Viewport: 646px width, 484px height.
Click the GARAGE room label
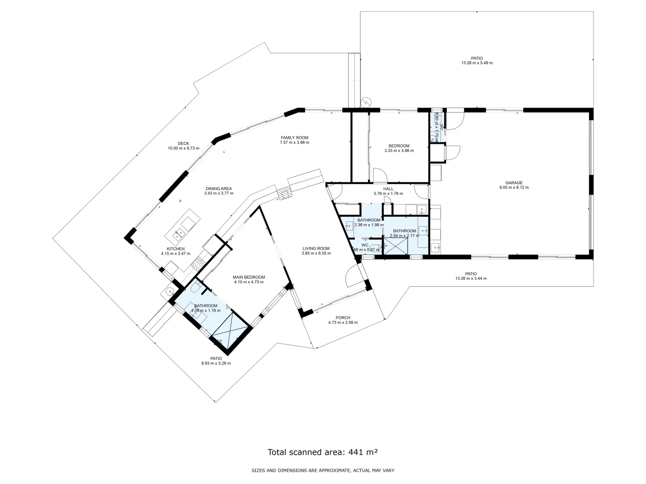(x=514, y=182)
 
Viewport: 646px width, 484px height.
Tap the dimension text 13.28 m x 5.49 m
(x=476, y=63)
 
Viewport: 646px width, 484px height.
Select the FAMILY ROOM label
(x=294, y=138)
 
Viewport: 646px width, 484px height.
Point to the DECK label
(x=183, y=143)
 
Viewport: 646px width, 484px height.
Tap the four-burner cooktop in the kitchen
(x=198, y=265)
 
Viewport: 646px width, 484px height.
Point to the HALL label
(x=388, y=189)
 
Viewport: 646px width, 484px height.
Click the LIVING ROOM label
(x=316, y=248)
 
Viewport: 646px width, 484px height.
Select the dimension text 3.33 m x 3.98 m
(x=399, y=151)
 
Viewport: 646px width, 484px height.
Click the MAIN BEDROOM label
(x=249, y=277)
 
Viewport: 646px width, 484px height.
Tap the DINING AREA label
(x=218, y=189)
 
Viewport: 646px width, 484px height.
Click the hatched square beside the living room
(x=284, y=194)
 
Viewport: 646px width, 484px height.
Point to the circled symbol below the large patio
(x=367, y=102)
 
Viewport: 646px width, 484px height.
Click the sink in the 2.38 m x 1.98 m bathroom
(x=349, y=226)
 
